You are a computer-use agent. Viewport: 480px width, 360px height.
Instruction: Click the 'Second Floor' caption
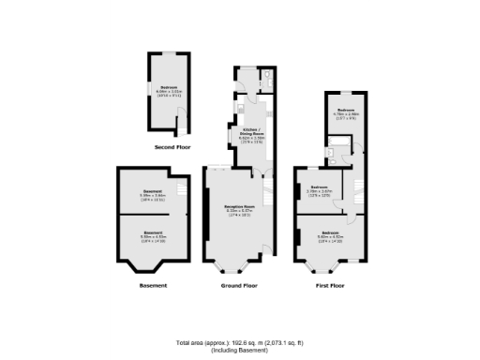tap(173, 148)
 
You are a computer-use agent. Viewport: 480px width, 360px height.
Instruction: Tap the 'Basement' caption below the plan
tap(153, 285)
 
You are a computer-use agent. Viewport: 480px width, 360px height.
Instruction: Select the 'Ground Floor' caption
tap(239, 285)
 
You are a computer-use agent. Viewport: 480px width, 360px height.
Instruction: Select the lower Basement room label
tap(153, 233)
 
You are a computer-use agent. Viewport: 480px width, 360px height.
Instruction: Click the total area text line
tap(240, 340)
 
